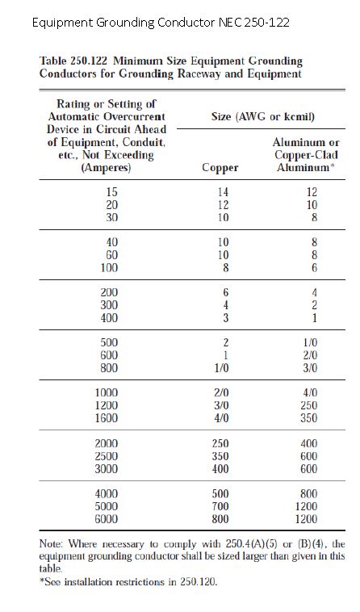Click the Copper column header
tap(220, 168)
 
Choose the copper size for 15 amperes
tap(224, 192)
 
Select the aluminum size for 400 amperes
tap(313, 319)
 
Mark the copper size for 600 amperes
tap(226, 356)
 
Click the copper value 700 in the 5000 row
tap(220, 506)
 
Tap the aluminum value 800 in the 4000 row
tap(308, 493)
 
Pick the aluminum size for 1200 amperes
tap(308, 406)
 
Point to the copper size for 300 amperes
tap(226, 306)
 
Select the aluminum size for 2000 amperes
tap(308, 444)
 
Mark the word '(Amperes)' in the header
tap(107, 169)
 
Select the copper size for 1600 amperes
tap(221, 419)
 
